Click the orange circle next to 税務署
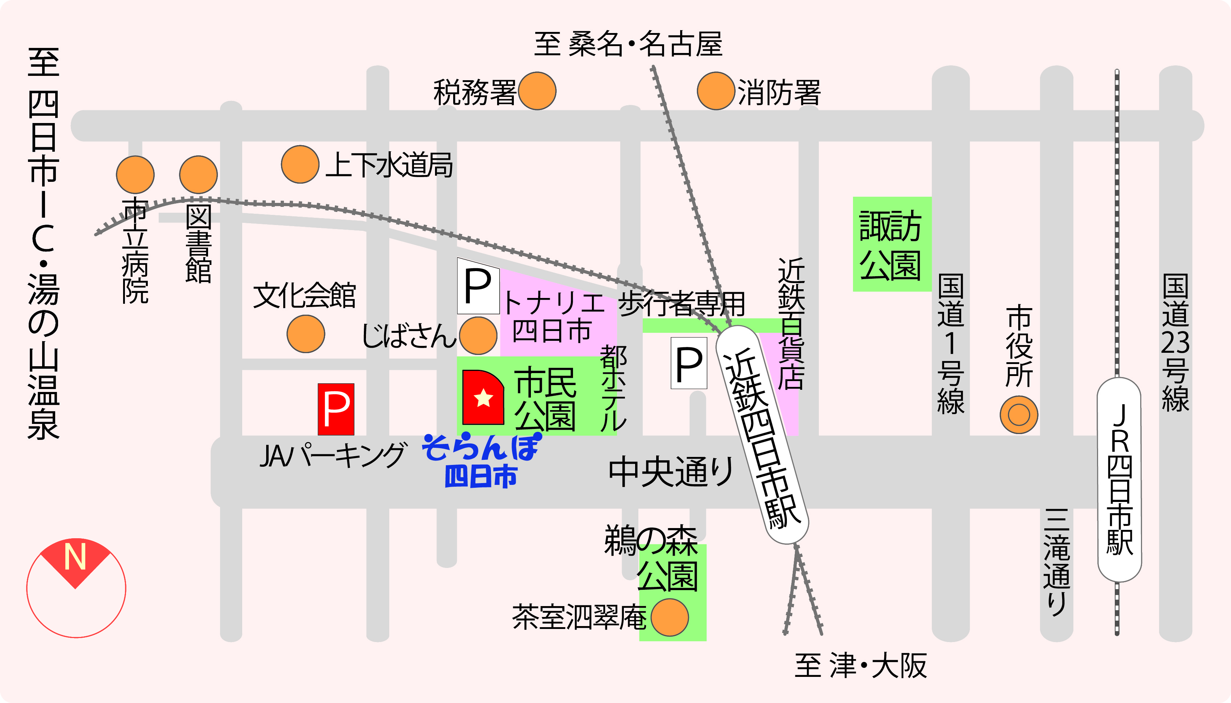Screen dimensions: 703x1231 click(x=537, y=91)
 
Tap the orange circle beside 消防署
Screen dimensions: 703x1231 click(x=716, y=91)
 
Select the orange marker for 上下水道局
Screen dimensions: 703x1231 click(x=300, y=164)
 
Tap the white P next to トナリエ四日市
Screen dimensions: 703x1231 click(x=478, y=286)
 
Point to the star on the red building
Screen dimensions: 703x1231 click(x=483, y=398)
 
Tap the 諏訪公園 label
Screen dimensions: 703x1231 click(x=891, y=245)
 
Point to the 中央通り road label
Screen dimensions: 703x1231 click(x=671, y=472)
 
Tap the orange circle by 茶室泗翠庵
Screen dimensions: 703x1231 click(x=670, y=617)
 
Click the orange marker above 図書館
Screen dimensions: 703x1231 click(x=198, y=174)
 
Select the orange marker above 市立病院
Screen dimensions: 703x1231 click(x=135, y=174)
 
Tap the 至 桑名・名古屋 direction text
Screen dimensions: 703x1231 click(x=628, y=44)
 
